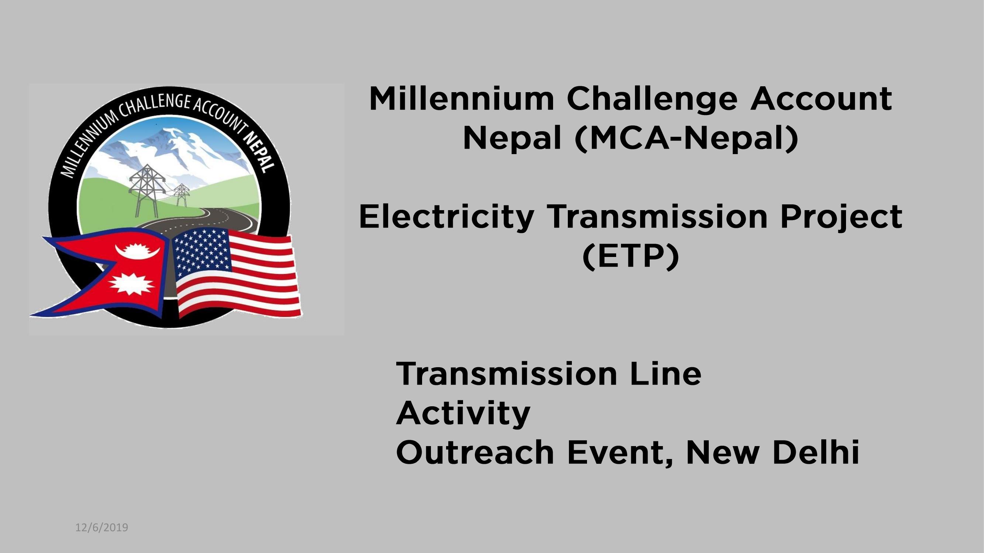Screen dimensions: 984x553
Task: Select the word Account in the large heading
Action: click(821, 99)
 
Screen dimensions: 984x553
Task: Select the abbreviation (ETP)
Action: click(631, 257)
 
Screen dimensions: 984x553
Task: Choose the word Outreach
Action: click(475, 453)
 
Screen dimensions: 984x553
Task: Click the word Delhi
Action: click(816, 453)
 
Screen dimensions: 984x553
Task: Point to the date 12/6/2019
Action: click(101, 528)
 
